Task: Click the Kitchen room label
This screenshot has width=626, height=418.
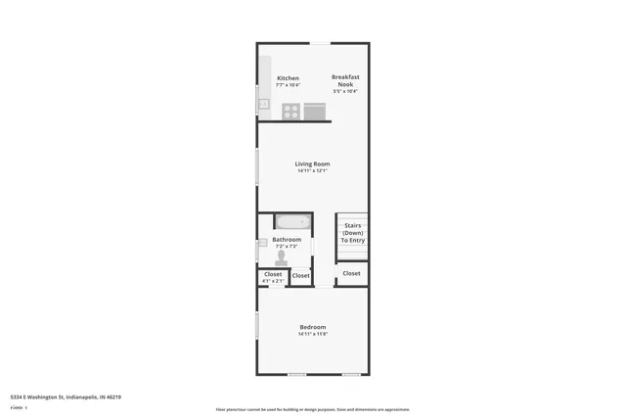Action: pos(288,78)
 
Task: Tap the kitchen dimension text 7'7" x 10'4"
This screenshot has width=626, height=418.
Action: pos(288,85)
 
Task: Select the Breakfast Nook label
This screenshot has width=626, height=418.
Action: pos(344,80)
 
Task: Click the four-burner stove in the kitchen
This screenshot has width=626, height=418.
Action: pos(291,112)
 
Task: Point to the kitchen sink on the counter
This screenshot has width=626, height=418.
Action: pos(263,104)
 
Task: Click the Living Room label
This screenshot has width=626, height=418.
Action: pos(313,163)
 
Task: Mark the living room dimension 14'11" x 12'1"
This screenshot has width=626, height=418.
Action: pos(313,171)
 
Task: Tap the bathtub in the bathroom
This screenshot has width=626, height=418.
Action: pos(291,221)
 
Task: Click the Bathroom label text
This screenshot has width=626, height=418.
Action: pos(287,239)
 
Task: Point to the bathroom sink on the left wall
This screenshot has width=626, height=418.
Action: pos(262,243)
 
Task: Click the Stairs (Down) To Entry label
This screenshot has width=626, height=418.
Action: pos(352,233)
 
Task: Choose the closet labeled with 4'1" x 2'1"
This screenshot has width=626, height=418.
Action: pos(273,277)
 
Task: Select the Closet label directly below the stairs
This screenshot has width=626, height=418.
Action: pos(351,273)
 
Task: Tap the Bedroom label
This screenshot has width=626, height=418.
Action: pos(313,327)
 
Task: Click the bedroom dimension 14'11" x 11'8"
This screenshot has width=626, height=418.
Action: pos(313,334)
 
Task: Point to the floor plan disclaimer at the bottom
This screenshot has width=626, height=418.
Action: pos(313,410)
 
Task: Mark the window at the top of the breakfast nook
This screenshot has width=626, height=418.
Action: pos(321,43)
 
